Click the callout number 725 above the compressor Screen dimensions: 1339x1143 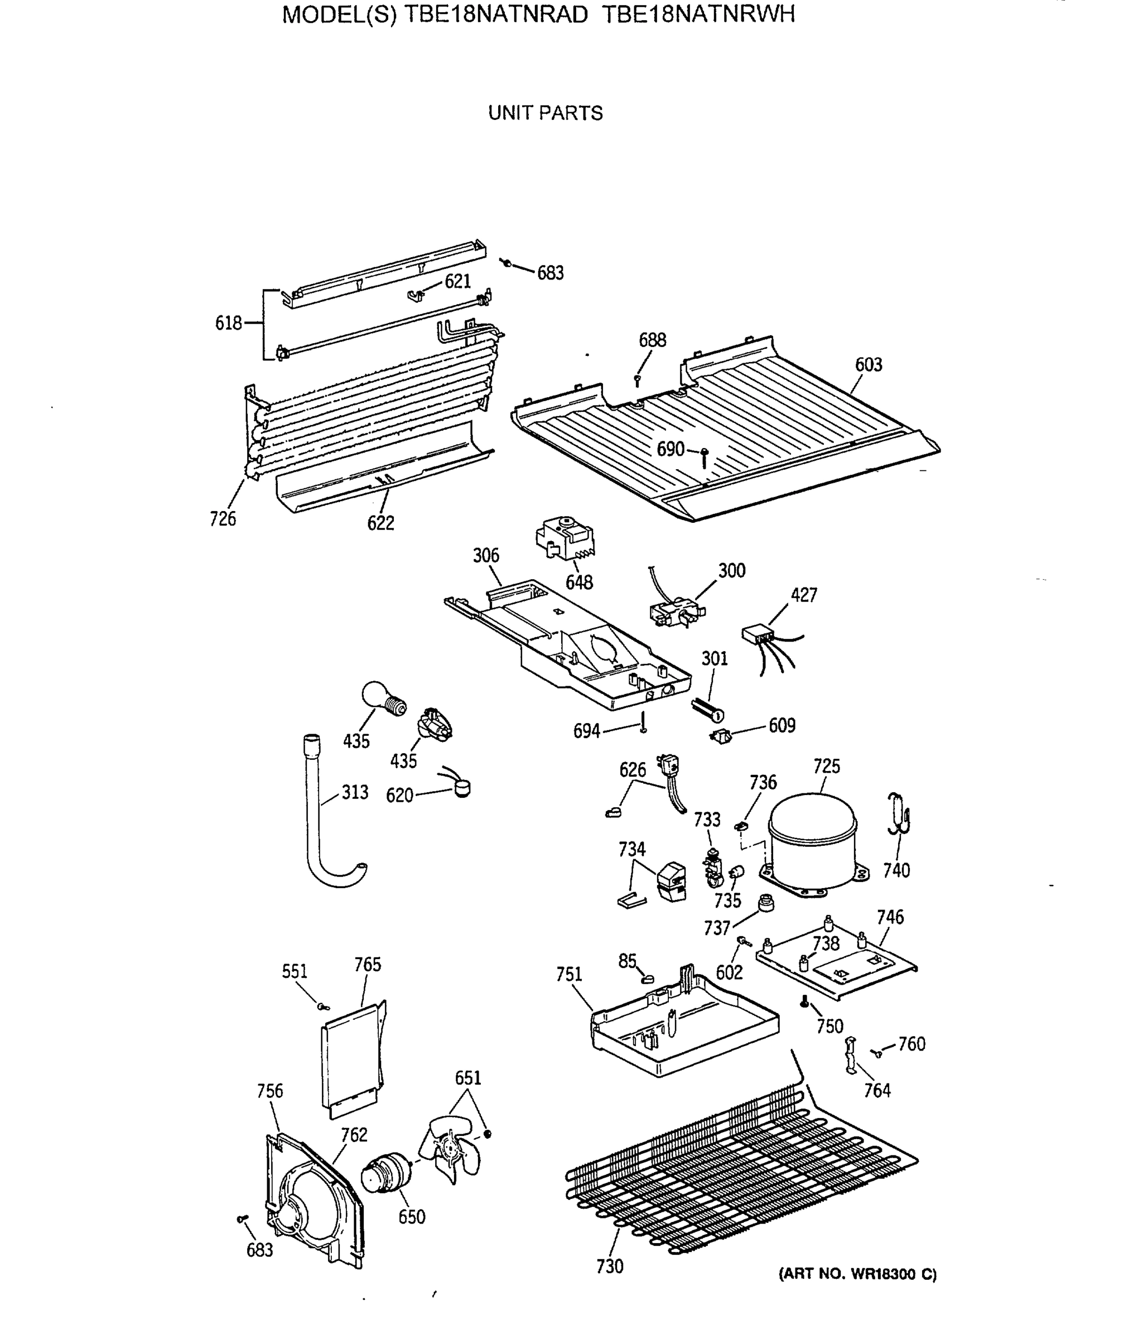(826, 767)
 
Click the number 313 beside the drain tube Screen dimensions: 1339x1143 (355, 792)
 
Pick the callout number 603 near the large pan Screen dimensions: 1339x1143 (868, 364)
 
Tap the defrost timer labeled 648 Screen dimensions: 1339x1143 (564, 537)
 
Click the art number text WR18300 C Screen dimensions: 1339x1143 (893, 1274)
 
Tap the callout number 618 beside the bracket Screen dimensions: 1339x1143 (228, 322)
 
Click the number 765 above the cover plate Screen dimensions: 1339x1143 (367, 964)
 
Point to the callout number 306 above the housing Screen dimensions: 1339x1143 (485, 555)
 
